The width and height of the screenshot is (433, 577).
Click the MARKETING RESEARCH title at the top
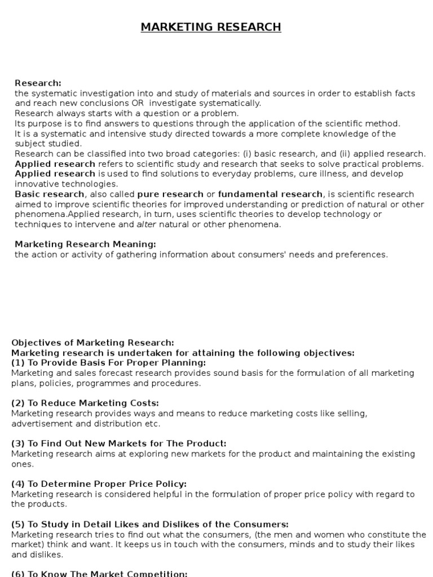point(211,27)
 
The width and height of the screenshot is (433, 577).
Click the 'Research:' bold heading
point(38,83)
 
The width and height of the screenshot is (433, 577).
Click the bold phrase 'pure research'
point(170,194)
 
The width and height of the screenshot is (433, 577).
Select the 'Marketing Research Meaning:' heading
point(85,244)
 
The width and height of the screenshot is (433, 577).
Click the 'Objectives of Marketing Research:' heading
point(93,343)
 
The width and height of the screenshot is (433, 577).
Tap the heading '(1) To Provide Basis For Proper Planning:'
point(109,362)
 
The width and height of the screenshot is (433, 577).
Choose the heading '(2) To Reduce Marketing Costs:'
point(85,403)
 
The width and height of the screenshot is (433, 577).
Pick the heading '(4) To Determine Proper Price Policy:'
point(99,484)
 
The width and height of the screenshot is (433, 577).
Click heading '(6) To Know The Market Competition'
point(99,574)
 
